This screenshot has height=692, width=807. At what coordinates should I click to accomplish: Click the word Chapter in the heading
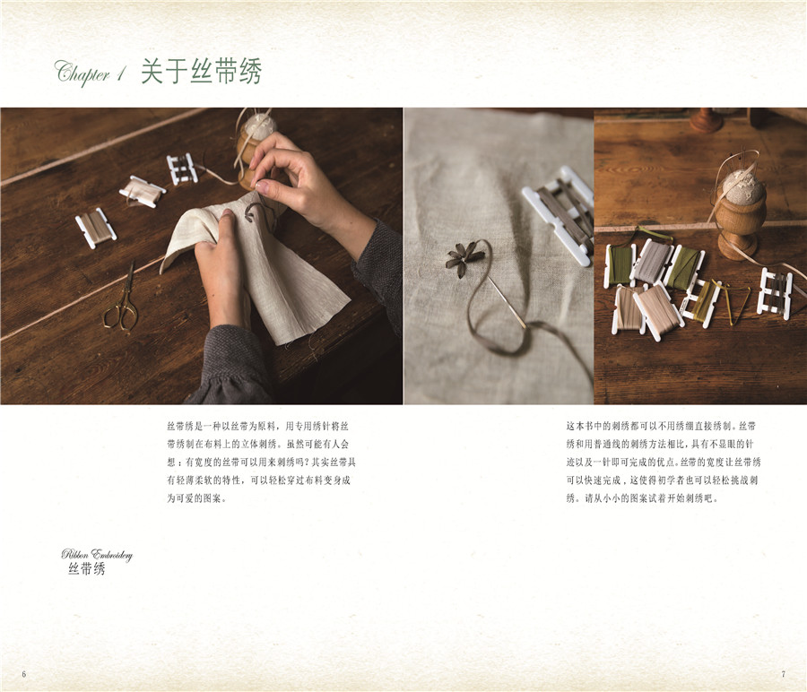pos(82,73)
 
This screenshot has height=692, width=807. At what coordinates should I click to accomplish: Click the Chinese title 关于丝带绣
pos(201,71)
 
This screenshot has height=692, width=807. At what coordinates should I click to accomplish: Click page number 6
pos(23,674)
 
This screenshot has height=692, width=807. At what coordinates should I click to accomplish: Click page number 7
pos(784,674)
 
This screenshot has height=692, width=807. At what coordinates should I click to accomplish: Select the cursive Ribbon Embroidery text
pos(97,555)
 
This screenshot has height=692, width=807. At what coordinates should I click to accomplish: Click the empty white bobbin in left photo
pos(182,169)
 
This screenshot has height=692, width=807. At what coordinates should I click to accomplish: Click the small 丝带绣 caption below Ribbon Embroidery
pos(86,568)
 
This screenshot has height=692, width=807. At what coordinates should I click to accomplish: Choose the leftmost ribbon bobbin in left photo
pos(96,228)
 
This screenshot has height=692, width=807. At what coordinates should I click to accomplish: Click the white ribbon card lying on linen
pos(558,214)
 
